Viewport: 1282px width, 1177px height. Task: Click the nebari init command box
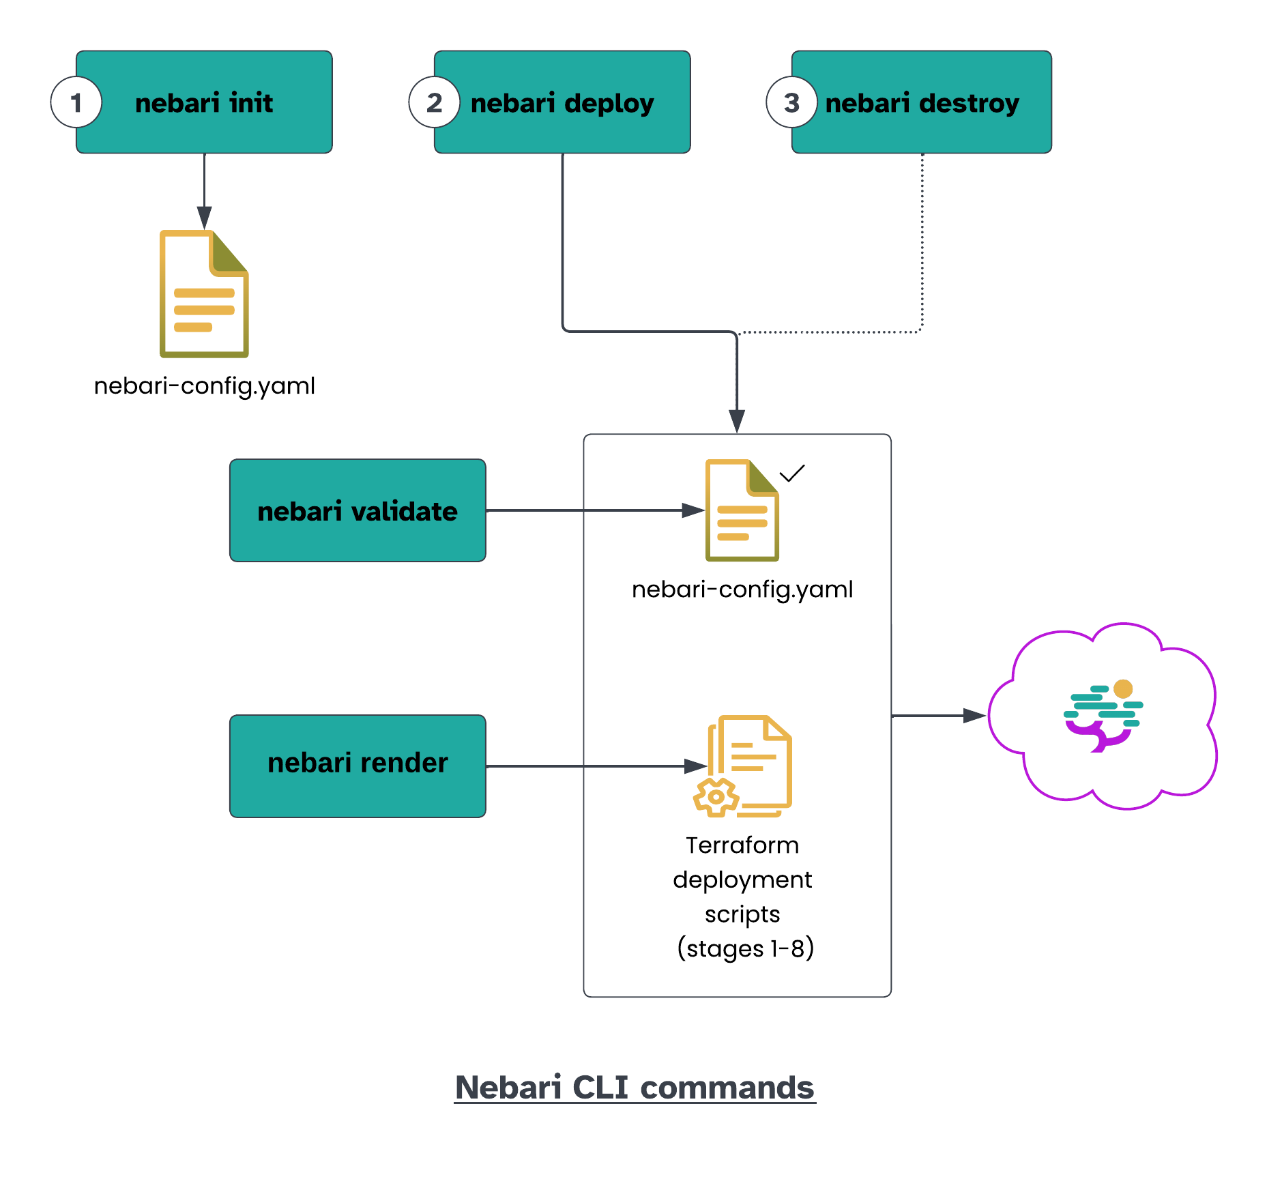pos(204,102)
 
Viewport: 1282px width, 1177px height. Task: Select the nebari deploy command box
pos(562,102)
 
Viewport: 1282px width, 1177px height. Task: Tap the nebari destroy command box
pos(922,102)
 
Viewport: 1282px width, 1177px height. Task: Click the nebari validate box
pos(358,510)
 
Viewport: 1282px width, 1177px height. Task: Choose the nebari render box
pos(358,766)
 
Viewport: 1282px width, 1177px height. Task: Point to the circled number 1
pos(76,102)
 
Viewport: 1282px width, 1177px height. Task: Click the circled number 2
pos(435,102)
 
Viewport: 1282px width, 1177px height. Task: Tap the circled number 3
pos(791,102)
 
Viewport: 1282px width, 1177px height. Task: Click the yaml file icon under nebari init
pos(204,294)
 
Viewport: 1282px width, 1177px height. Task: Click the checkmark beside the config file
pos(792,473)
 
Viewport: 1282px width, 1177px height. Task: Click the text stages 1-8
pos(745,948)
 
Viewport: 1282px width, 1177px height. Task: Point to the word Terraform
pos(742,845)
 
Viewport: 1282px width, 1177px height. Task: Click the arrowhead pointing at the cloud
pos(974,715)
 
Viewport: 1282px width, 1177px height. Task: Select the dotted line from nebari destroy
pos(922,246)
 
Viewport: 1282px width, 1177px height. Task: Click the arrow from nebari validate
pos(587,510)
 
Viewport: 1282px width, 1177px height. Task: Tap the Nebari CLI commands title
pos(635,1087)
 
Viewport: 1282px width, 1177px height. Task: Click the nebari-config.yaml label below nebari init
pos(204,386)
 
